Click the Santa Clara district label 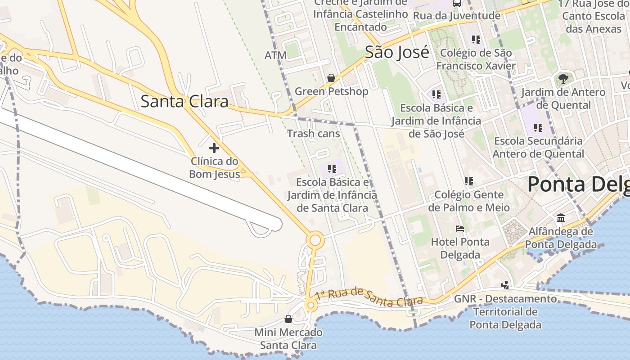184,101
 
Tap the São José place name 397,53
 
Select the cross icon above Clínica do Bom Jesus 214,148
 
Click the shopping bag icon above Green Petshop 331,78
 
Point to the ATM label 275,55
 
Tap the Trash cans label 314,134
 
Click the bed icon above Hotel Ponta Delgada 460,229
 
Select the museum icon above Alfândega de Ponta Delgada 561,218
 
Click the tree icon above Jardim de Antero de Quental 563,79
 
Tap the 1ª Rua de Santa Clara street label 369,296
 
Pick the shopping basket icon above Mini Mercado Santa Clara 288,319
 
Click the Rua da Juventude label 456,16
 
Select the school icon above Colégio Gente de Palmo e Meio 469,181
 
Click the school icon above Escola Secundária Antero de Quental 538,127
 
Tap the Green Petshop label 331,91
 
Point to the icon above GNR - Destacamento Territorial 505,285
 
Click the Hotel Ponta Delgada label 460,248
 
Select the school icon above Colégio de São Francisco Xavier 476,39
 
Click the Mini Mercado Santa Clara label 288,339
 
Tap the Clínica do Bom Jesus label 214,167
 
